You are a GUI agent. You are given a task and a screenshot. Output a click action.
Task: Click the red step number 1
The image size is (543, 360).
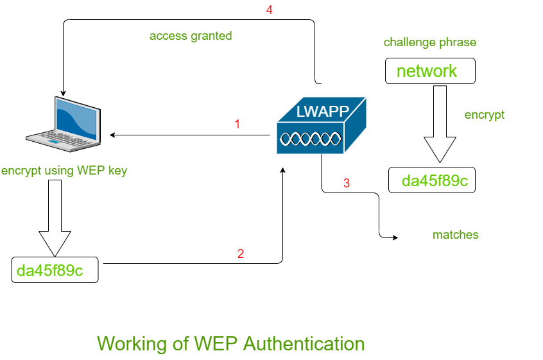(x=237, y=124)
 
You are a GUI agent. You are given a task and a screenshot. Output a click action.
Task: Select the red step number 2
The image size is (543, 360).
(x=241, y=253)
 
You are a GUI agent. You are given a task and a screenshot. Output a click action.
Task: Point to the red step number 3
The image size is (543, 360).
(x=347, y=183)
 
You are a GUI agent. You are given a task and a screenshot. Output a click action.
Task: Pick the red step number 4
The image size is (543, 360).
(x=269, y=11)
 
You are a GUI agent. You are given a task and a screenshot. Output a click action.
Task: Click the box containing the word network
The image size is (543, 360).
(x=429, y=71)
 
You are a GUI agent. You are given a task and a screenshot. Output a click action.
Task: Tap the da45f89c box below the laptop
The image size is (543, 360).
(x=55, y=270)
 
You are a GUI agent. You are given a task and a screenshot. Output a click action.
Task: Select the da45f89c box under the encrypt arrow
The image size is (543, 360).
(x=434, y=181)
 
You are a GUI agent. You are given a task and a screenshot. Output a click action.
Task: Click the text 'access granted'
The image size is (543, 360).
(x=191, y=36)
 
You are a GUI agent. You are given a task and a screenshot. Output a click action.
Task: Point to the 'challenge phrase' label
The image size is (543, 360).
(x=430, y=43)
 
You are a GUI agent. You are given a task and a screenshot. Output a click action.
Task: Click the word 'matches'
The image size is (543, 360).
(x=455, y=235)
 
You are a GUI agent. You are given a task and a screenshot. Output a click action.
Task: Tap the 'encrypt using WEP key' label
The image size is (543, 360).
(x=64, y=171)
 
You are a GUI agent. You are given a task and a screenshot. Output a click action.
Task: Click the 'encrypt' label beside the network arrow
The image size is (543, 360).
(x=484, y=116)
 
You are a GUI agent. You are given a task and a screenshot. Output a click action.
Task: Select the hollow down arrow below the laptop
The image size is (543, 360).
(x=55, y=218)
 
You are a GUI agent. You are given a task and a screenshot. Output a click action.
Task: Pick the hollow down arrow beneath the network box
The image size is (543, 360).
(x=440, y=125)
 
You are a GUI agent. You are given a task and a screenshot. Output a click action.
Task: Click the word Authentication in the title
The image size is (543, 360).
(x=304, y=343)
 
